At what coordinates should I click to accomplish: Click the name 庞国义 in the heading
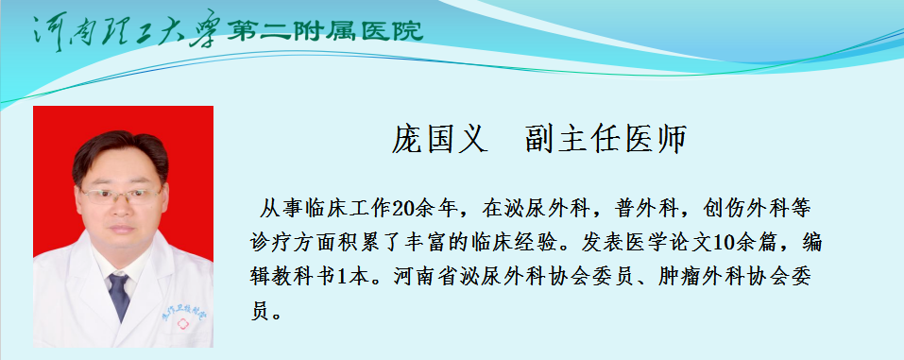440,139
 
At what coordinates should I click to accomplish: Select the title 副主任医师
606,139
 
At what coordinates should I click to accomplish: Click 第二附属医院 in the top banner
325,30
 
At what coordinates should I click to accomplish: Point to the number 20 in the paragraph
401,209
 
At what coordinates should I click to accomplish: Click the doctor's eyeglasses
121,196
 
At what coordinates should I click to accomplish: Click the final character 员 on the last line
261,312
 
